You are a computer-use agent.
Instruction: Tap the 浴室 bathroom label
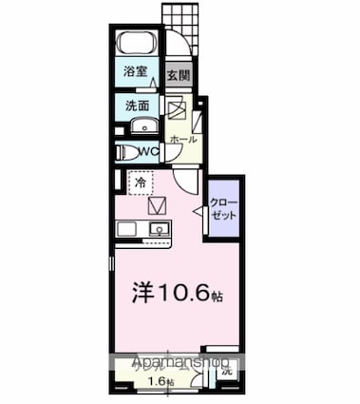click(x=134, y=72)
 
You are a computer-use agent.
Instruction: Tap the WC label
click(x=146, y=151)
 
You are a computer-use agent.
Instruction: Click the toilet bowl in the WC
click(x=121, y=152)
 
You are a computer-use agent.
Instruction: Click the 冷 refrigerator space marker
click(x=140, y=180)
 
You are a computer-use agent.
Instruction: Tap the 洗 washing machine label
click(x=227, y=374)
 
